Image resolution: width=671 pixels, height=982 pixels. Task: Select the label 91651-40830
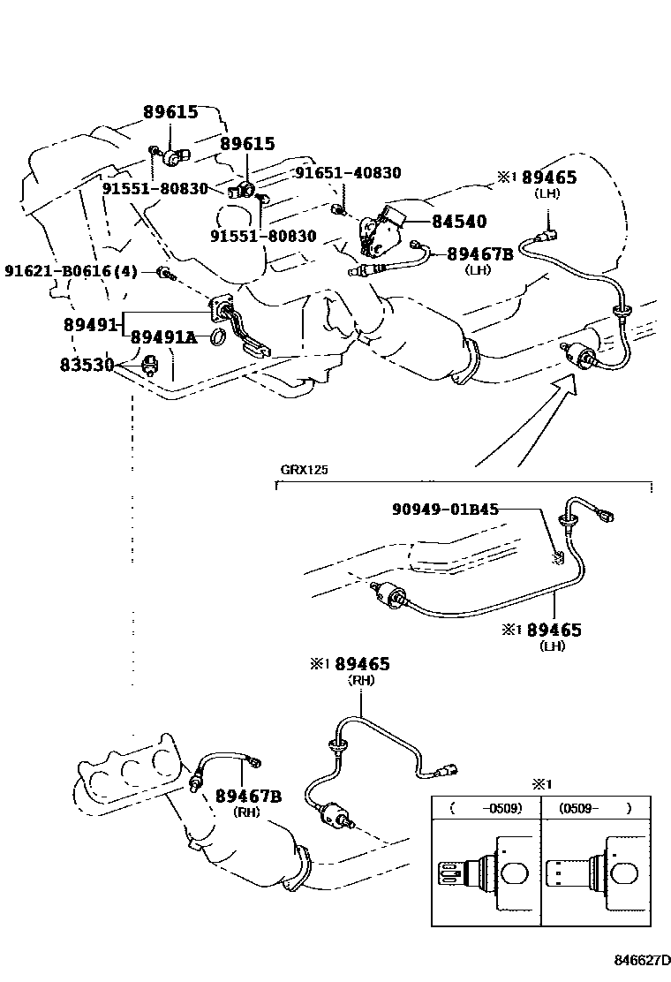pos(347,173)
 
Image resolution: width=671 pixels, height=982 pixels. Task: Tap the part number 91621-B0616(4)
pos(71,270)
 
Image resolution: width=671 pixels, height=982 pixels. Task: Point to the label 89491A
pos(164,336)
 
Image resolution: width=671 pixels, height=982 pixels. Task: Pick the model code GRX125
pos(304,470)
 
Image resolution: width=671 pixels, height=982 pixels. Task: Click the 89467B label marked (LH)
pos(479,254)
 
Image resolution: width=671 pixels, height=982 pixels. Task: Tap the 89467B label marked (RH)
pos(248,797)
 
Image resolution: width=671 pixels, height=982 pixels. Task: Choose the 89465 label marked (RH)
pos(362,664)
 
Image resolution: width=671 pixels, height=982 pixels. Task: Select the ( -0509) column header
pos(485,807)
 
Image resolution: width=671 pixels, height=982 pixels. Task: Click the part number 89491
pos(90,324)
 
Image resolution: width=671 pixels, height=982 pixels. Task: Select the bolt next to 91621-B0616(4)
pos(164,272)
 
